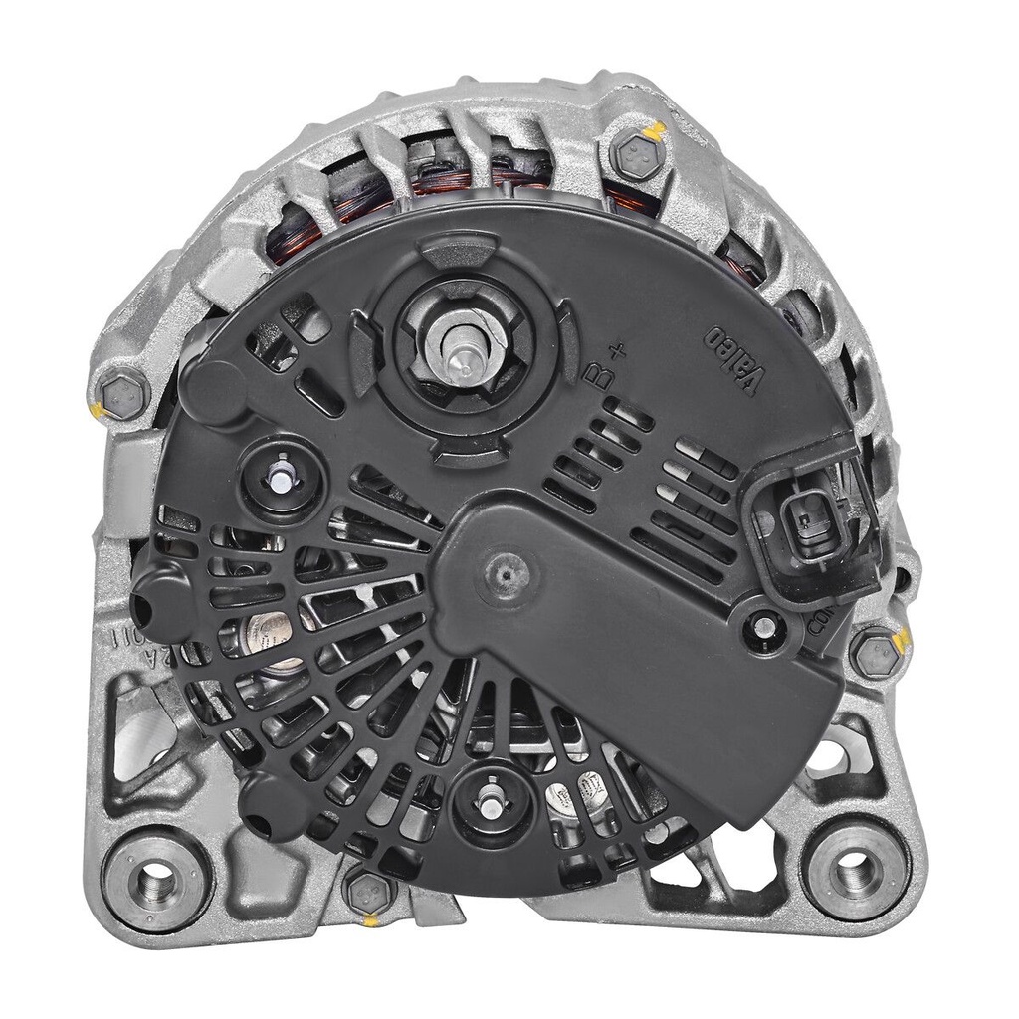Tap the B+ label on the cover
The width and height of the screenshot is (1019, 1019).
point(606,364)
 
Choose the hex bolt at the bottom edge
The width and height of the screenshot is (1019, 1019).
point(370,889)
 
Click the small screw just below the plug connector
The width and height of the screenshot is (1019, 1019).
point(765,626)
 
